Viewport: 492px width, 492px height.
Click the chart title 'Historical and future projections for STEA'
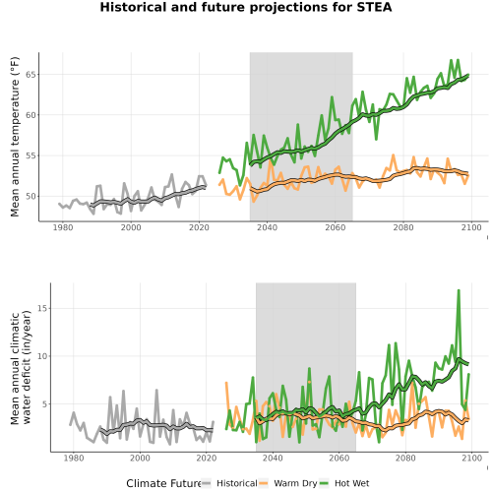point(246,7)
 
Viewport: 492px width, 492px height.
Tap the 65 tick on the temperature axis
point(31,75)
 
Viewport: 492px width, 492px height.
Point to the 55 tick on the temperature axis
point(31,155)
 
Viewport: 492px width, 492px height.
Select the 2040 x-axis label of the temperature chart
point(268,227)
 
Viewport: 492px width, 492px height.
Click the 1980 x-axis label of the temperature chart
point(63,227)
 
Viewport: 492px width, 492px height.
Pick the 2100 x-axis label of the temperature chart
point(471,227)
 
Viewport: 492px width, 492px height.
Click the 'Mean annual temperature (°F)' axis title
point(15,137)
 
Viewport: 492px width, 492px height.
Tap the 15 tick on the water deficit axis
point(42,308)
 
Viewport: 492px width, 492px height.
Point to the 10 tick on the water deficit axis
point(42,356)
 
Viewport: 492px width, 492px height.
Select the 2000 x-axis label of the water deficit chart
point(140,458)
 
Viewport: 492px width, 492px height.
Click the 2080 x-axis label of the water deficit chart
point(405,458)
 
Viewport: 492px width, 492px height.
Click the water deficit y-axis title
point(21,367)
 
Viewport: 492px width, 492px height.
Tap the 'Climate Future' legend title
point(163,483)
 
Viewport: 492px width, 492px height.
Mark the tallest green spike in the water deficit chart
point(459,290)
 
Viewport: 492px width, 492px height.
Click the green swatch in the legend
point(325,483)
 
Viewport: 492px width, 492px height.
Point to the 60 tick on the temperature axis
point(31,115)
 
